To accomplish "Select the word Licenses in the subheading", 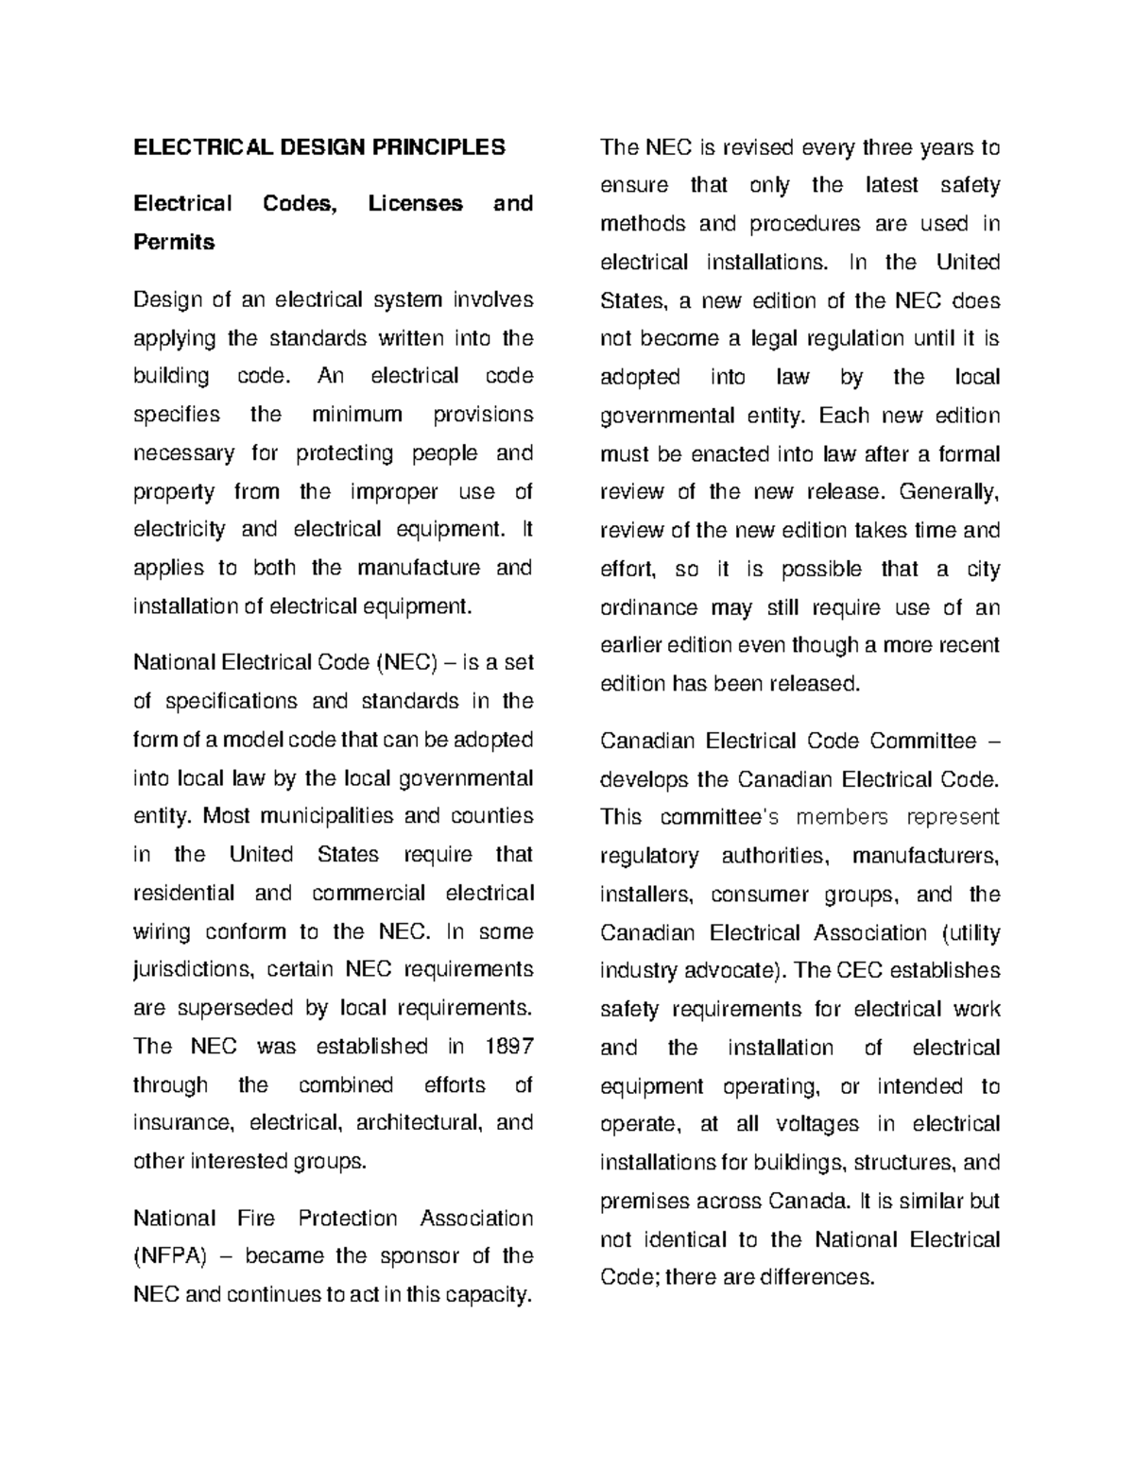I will coord(416,204).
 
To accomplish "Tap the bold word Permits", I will coord(174,243).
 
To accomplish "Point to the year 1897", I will coord(508,1047).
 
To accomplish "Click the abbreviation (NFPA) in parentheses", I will coord(170,1256).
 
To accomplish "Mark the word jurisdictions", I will coord(194,970).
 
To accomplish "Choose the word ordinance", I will coord(648,608).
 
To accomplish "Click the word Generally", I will coord(949,492).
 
